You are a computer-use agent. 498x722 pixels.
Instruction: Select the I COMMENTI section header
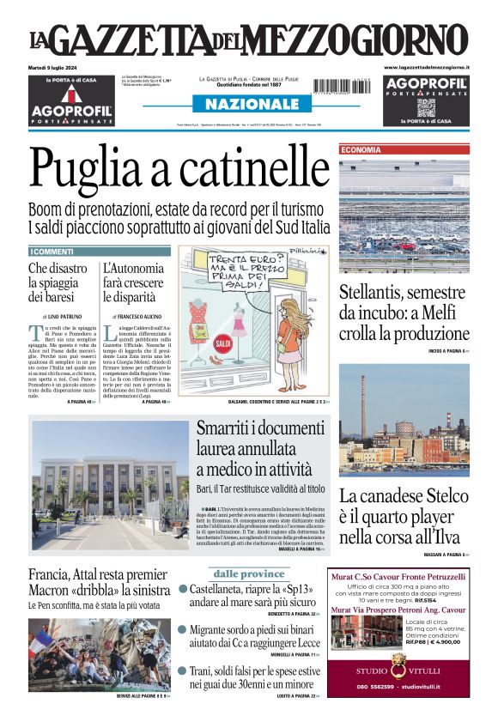[x=52, y=252]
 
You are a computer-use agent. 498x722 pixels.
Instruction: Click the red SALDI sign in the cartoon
[x=199, y=344]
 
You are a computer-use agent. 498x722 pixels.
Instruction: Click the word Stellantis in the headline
[x=379, y=291]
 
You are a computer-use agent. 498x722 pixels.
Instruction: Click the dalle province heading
[x=249, y=573]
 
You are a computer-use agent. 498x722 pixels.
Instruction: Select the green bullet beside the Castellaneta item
[x=183, y=590]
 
